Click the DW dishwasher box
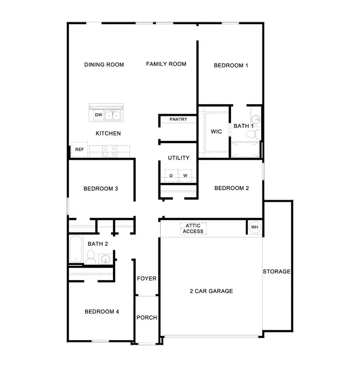click(98, 115)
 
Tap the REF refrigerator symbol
click(79, 150)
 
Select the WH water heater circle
click(254, 227)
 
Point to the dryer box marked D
click(171, 175)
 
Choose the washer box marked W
click(185, 175)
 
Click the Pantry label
click(178, 119)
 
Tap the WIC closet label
click(216, 132)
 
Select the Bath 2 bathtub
click(76, 249)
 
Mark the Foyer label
click(146, 279)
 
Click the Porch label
click(146, 318)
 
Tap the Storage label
click(276, 271)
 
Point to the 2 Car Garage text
click(211, 291)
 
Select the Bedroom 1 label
click(231, 65)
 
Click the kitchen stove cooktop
click(109, 150)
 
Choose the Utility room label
click(178, 158)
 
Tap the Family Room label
click(166, 64)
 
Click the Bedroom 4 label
click(102, 311)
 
